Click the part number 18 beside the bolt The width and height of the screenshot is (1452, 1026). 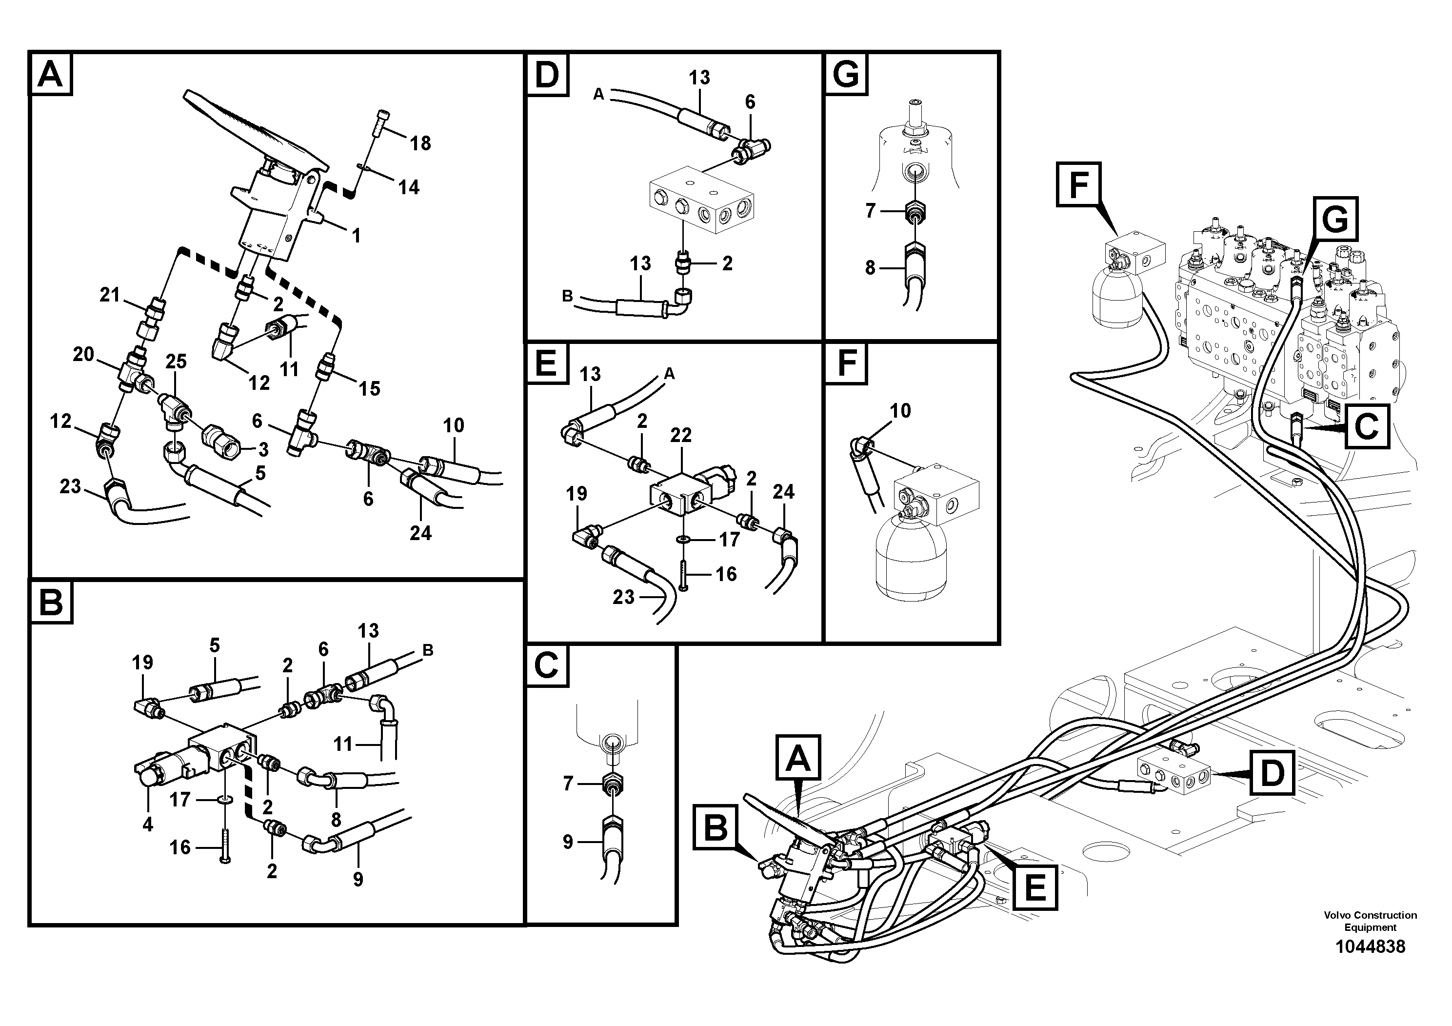point(420,143)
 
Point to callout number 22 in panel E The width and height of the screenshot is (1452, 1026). point(680,435)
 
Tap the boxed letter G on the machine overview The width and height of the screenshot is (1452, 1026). point(1334,220)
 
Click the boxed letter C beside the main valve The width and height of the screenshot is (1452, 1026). point(1366,427)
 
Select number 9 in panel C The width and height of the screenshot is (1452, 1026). point(567,842)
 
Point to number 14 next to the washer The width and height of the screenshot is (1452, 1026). point(409,187)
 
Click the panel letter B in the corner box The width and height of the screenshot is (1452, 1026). point(51,603)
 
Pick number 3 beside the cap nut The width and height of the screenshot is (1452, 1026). point(263,450)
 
